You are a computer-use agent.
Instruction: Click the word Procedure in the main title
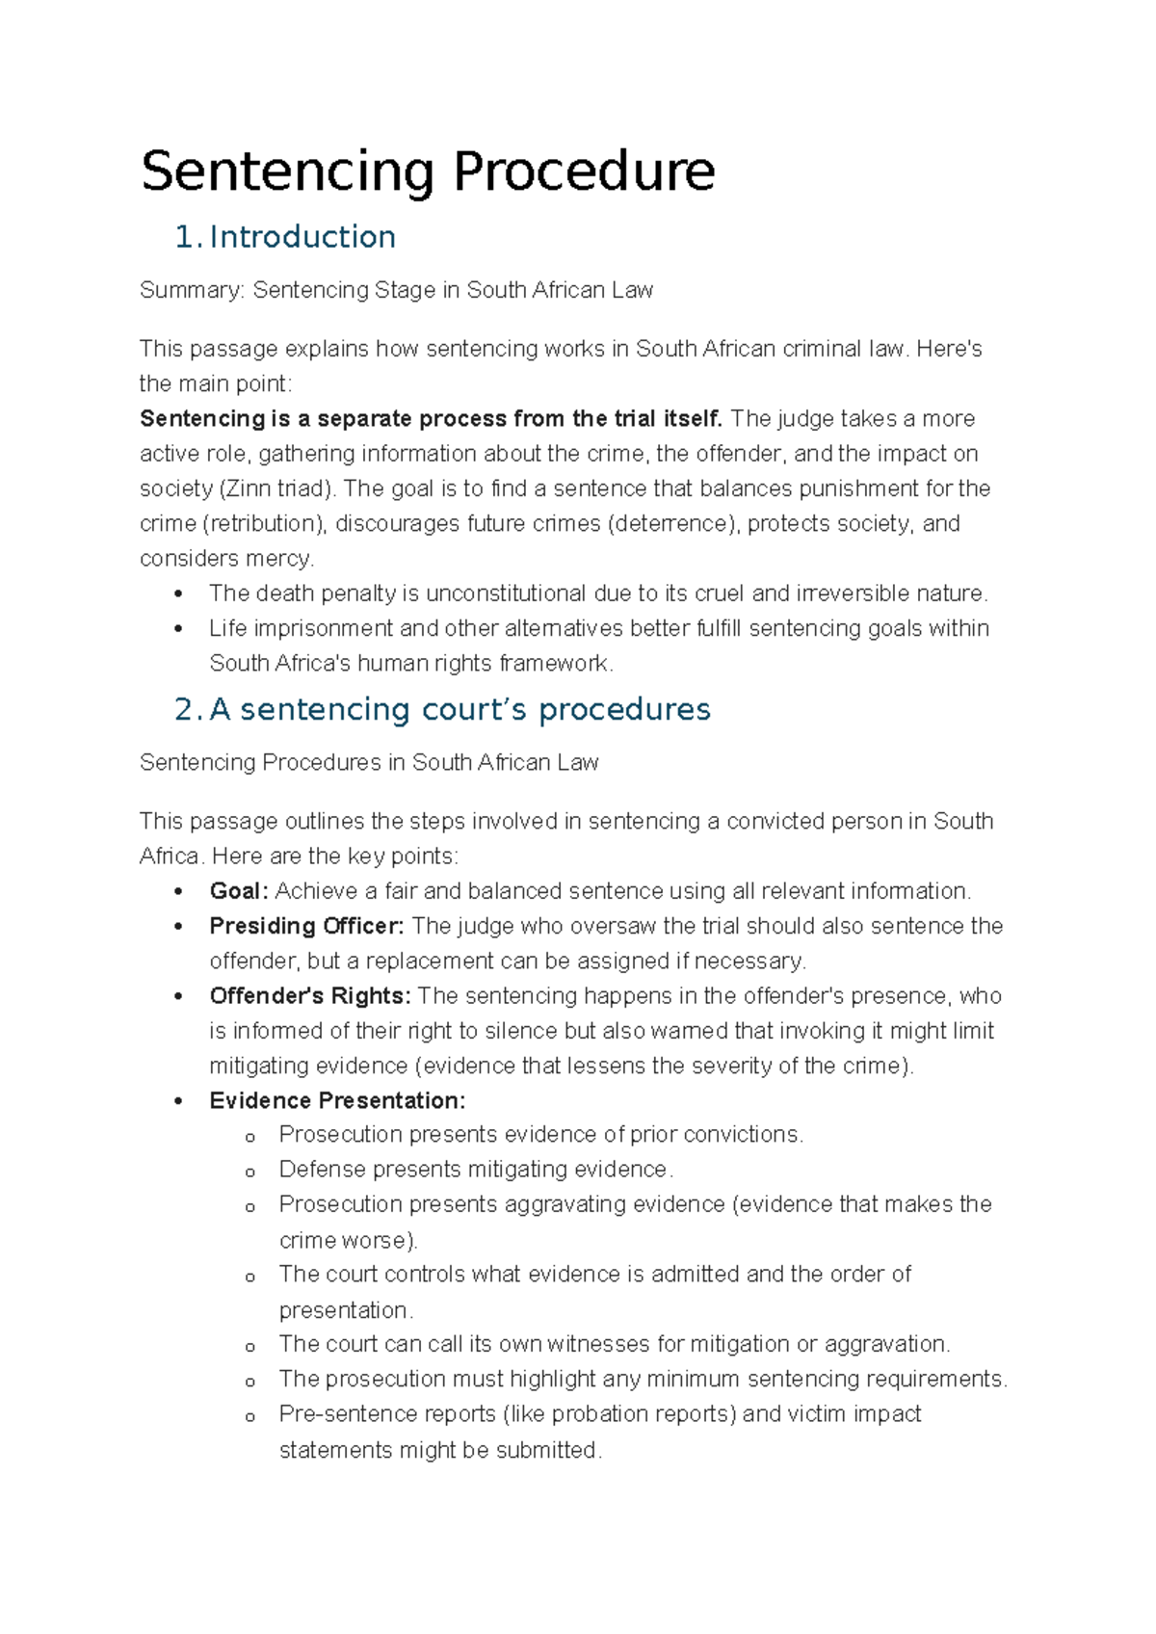click(584, 172)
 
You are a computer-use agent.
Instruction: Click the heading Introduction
click(302, 237)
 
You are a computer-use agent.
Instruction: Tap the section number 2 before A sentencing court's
click(185, 710)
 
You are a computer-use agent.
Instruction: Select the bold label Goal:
click(239, 891)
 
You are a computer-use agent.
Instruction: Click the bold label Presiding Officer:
click(306, 927)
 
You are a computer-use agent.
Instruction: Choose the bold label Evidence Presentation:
click(337, 1101)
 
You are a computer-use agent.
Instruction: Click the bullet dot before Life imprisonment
click(178, 629)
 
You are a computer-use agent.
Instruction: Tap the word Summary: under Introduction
click(192, 291)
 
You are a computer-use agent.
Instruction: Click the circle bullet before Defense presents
click(250, 1173)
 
